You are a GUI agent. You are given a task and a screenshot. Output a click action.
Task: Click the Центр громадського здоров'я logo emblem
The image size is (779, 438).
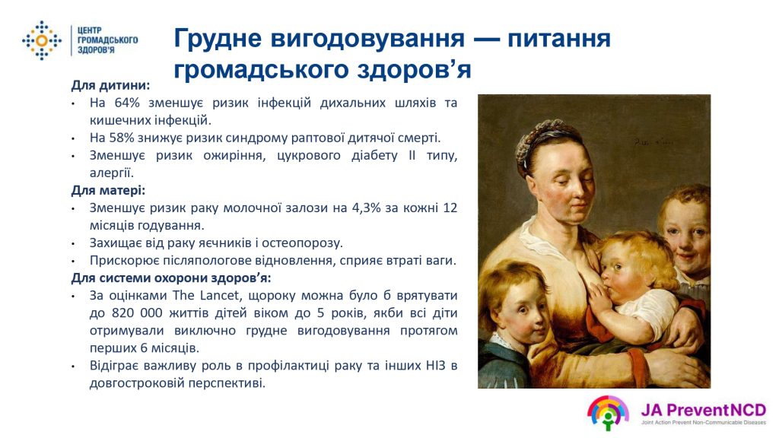click(42, 40)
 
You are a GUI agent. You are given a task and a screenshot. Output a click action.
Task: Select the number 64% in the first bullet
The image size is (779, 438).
click(127, 103)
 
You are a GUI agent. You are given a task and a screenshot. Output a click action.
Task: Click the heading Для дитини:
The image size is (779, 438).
click(110, 85)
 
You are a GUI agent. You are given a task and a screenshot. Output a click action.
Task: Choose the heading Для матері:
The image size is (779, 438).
click(108, 190)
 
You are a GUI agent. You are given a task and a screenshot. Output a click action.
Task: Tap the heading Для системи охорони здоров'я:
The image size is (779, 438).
click(171, 278)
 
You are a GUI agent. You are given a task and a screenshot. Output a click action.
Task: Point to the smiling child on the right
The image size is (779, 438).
click(685, 233)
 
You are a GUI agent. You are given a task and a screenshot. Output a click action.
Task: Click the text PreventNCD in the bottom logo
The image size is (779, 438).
click(717, 410)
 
